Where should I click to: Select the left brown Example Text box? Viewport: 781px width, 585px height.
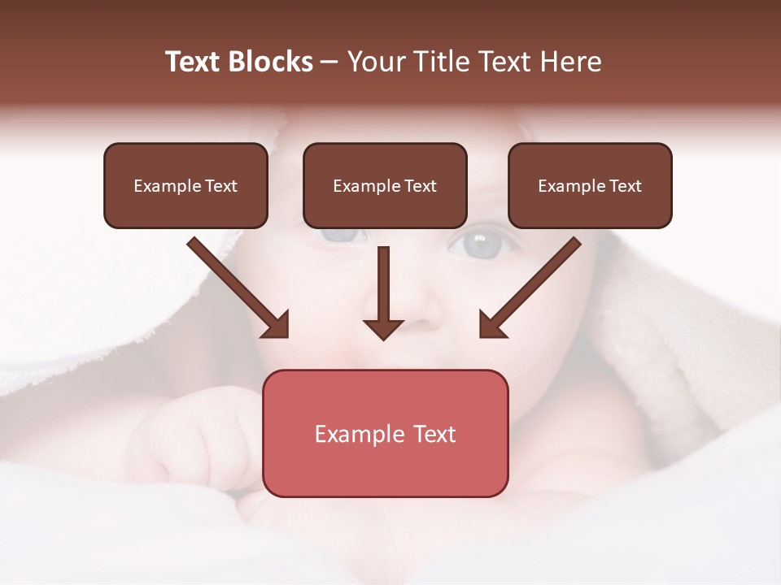click(185, 186)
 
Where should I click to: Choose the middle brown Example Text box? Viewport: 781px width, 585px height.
click(385, 186)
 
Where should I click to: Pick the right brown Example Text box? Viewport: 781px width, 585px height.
click(590, 186)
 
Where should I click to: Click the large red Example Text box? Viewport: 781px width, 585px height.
click(385, 433)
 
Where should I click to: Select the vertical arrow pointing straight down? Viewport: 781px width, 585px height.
click(383, 292)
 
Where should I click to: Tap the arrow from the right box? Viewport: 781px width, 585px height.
click(530, 288)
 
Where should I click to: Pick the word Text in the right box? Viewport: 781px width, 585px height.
click(625, 186)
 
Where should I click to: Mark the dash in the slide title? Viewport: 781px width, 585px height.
click(329, 63)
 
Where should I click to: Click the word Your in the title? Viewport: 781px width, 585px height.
click(373, 62)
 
